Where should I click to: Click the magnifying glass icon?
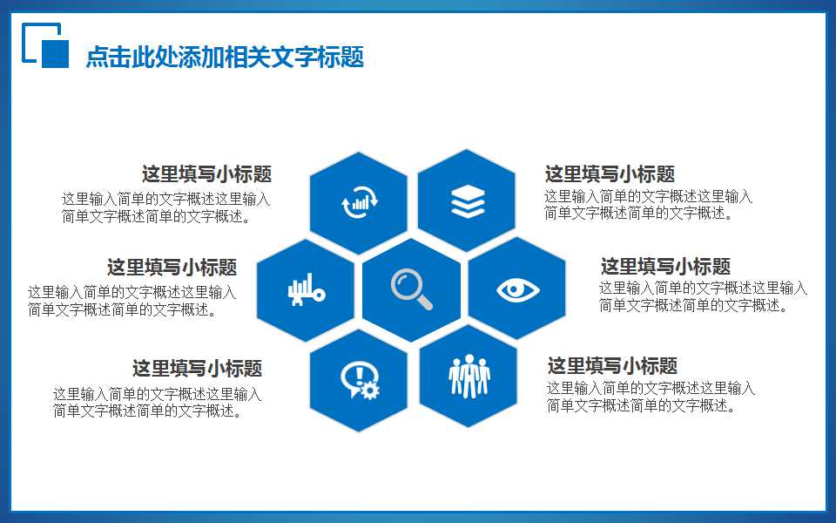pos(411,289)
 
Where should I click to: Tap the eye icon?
pos(517,289)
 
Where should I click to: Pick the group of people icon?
pos(469,376)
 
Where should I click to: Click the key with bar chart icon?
pos(305,289)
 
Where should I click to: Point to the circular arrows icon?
pos(359,202)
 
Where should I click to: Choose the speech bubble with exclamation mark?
pos(356,377)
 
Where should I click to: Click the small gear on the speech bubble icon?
pos(370,390)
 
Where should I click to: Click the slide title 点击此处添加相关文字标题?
pos(225,58)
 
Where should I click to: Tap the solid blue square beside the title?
pos(55,53)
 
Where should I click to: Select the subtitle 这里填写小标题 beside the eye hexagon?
pos(665,267)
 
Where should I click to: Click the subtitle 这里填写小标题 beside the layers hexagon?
pos(610,174)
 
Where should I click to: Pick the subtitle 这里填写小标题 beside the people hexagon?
pos(612,366)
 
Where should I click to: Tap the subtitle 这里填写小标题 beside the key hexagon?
pos(172,268)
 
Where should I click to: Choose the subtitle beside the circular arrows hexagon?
pos(206,174)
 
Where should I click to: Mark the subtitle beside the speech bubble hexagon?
pos(197,369)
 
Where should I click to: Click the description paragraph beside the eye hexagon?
pos(702,296)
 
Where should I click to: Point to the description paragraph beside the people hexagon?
pos(651,397)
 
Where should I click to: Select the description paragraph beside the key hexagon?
pos(131,301)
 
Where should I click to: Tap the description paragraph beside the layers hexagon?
pos(648,206)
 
